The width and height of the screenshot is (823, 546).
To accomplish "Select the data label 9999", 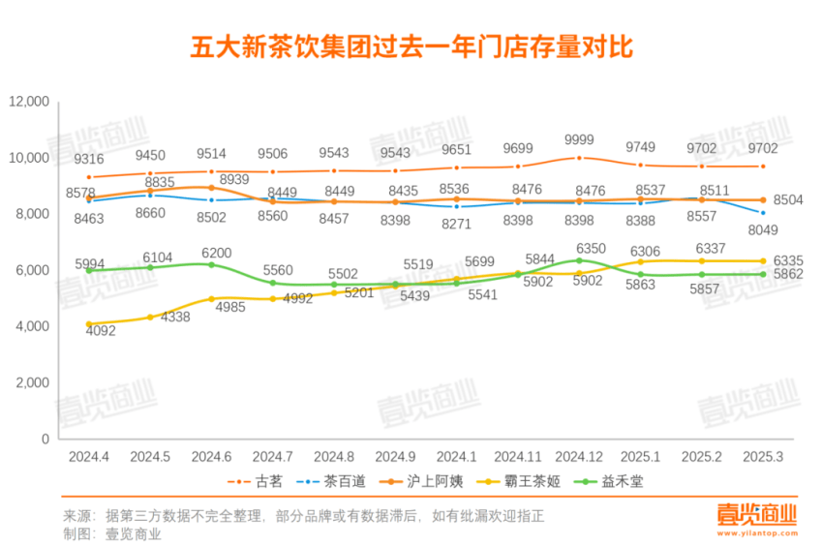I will [578, 139].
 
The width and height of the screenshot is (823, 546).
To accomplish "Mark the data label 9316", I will [88, 159].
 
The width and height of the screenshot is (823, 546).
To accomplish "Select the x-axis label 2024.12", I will [579, 455].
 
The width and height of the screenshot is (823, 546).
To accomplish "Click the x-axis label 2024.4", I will [88, 455].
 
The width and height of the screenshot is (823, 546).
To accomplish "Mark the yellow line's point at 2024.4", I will [88, 324].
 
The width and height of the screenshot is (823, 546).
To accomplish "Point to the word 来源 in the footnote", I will [76, 514].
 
